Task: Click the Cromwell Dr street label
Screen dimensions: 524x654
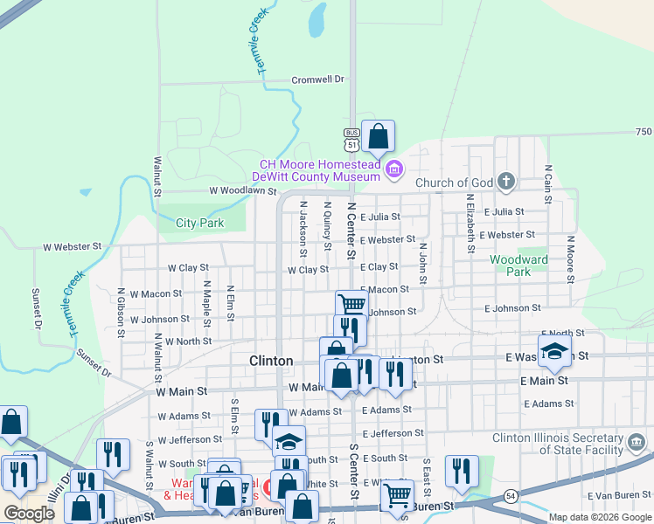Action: [318, 79]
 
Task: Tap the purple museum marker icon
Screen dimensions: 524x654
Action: [394, 169]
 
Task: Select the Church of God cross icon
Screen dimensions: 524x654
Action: [505, 182]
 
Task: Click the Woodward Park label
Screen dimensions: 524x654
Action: [518, 265]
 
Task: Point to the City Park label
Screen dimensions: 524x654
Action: [199, 223]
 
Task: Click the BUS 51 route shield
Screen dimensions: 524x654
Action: [351, 140]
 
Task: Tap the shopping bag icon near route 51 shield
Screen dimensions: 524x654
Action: [378, 136]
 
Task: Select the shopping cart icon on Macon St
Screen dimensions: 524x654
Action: [351, 305]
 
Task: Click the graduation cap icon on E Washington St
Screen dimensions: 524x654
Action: [553, 351]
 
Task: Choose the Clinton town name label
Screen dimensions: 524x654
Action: [271, 361]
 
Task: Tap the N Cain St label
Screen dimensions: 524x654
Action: [548, 183]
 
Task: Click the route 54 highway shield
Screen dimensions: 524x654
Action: [508, 496]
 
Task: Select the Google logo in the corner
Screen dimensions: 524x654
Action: [29, 514]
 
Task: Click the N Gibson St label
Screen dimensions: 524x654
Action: [120, 302]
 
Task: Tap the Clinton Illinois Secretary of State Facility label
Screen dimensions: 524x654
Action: [573, 443]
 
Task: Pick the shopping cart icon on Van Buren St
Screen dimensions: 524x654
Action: [397, 494]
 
